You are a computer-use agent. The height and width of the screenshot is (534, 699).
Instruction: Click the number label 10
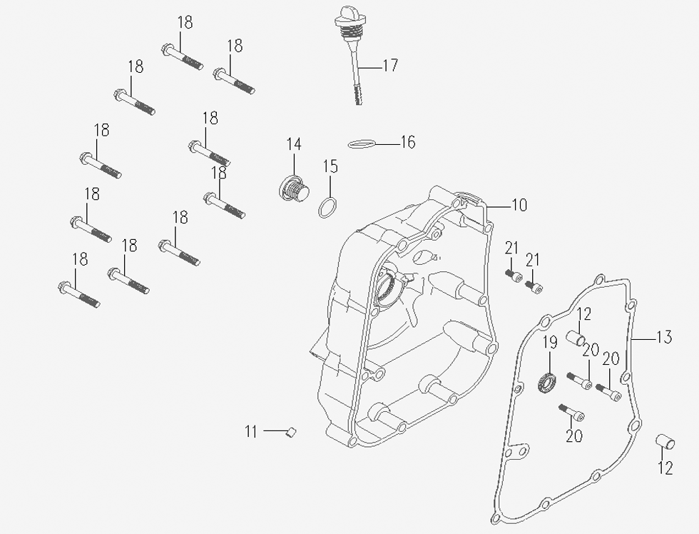point(519,206)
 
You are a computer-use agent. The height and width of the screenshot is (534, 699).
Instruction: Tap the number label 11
point(250,431)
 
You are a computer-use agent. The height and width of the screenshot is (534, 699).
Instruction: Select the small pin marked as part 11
point(290,431)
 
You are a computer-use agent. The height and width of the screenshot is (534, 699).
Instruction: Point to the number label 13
point(663,337)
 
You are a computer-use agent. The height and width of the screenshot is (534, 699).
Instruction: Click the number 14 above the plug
point(294,144)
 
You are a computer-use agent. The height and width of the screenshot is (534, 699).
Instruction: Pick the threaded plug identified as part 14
point(292,189)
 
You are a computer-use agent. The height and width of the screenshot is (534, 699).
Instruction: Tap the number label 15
point(330,167)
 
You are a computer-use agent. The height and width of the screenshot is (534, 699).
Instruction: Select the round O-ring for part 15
point(327,208)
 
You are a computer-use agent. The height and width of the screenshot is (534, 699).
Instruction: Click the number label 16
point(407,143)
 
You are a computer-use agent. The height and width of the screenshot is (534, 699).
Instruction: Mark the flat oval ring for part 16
point(362,144)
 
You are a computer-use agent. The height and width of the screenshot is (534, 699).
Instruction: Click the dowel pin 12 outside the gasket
point(665,442)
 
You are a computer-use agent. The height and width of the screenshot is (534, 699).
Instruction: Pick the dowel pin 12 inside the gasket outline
point(576,335)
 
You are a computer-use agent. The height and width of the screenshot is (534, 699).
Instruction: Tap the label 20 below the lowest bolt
point(573,435)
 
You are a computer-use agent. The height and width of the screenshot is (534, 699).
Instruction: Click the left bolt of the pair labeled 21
point(514,276)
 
